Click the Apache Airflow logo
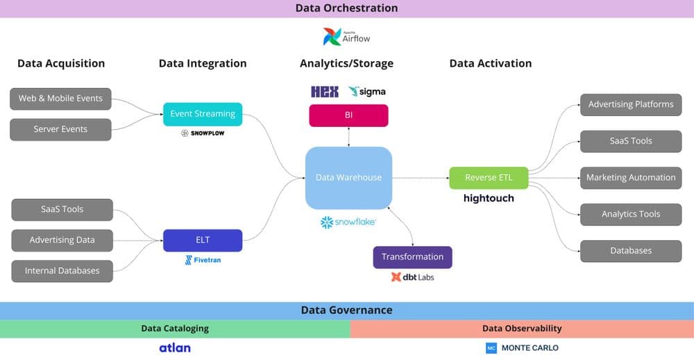click(x=346, y=37)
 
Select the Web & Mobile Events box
click(x=60, y=98)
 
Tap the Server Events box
click(x=60, y=130)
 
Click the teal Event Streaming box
click(x=203, y=114)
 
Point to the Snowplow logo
click(x=203, y=133)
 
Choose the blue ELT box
click(x=203, y=240)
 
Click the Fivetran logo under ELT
click(x=203, y=260)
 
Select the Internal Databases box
click(x=62, y=271)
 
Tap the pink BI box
click(x=348, y=115)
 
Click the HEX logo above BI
click(x=325, y=92)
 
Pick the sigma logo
click(x=367, y=92)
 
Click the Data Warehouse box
click(x=348, y=178)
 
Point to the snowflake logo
click(x=348, y=222)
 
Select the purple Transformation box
click(x=412, y=257)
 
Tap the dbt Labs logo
click(x=412, y=277)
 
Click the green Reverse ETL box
click(x=489, y=178)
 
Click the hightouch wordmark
click(x=489, y=198)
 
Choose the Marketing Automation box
click(x=631, y=178)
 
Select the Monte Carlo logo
click(x=522, y=348)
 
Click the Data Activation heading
click(x=490, y=63)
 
